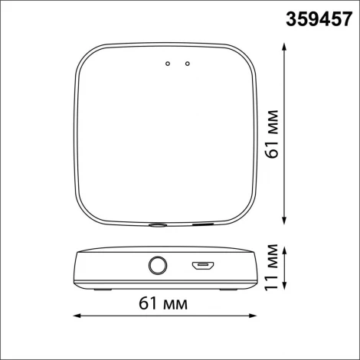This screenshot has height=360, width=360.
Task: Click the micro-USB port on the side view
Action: tap(202, 266)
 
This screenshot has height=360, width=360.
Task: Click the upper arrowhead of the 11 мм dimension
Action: tap(285, 248)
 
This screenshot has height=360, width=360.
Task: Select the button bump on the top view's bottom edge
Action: tap(158, 225)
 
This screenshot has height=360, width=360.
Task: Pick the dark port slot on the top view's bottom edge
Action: tap(203, 225)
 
